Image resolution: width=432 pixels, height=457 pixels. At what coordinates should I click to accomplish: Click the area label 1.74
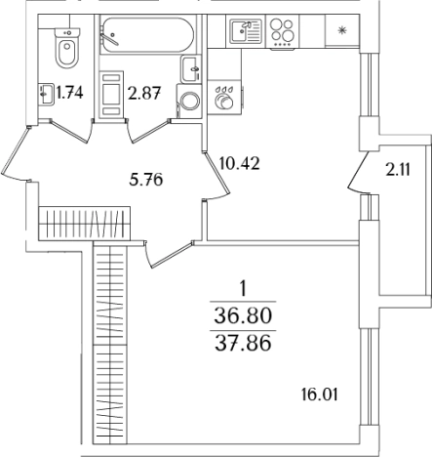coord(69,93)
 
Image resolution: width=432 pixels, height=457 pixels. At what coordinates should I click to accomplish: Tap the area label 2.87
coord(144,93)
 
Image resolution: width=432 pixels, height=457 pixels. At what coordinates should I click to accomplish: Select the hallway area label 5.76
coord(145,180)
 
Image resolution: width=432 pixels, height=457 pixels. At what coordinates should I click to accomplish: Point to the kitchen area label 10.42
coord(240,163)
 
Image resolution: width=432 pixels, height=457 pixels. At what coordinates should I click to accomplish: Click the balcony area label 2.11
coord(398,170)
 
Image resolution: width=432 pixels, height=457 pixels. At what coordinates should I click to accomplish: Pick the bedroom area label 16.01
coord(320,395)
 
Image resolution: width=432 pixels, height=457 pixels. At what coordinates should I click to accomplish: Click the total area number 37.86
coord(243,344)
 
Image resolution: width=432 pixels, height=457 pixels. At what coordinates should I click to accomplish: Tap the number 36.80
coord(243,315)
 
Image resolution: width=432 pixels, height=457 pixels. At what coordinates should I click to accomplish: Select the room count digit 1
coord(243,289)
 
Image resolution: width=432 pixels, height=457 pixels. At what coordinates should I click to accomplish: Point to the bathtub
coord(147,35)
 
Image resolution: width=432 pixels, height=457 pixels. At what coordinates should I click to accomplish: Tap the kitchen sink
coord(246,31)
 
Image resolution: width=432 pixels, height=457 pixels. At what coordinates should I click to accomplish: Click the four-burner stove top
coord(283,32)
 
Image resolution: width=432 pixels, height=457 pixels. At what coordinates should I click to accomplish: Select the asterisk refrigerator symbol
coord(341,31)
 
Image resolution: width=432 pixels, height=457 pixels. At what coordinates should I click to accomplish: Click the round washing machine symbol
coord(189,101)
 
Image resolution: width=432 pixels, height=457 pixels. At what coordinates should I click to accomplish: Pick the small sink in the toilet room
coord(46,94)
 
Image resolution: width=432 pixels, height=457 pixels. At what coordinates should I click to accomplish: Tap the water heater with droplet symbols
coord(224,98)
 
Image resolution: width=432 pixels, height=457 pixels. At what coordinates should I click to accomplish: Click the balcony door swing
coord(358,172)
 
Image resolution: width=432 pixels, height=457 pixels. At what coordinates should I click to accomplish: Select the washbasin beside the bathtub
coord(189,69)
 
